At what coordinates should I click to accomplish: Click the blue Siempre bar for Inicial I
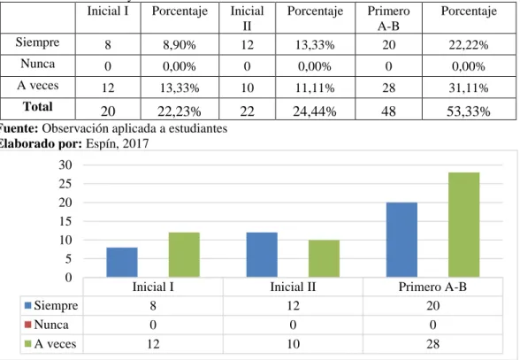(x=122, y=262)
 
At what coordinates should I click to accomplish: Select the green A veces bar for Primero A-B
(x=464, y=225)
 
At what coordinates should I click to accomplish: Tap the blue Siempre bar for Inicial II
(x=262, y=255)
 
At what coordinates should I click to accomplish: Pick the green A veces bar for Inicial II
(x=324, y=258)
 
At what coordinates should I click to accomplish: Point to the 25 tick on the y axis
(x=65, y=183)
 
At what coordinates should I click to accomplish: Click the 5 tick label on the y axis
(x=68, y=259)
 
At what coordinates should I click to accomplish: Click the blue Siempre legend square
(x=28, y=305)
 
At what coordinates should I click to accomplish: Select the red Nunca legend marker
(x=28, y=324)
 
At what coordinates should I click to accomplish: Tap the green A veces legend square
(x=28, y=344)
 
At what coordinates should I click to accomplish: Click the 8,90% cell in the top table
(x=180, y=44)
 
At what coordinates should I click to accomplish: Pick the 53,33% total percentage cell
(x=469, y=111)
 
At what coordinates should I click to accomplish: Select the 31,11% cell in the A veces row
(x=469, y=88)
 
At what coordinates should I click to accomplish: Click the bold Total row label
(x=38, y=106)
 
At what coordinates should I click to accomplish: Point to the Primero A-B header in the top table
(x=388, y=19)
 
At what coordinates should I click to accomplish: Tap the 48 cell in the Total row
(x=388, y=111)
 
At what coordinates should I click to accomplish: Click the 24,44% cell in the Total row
(x=315, y=111)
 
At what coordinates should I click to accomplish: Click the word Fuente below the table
(x=19, y=128)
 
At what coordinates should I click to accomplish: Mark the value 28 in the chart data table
(x=432, y=344)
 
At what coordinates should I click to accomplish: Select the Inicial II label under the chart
(x=293, y=287)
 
